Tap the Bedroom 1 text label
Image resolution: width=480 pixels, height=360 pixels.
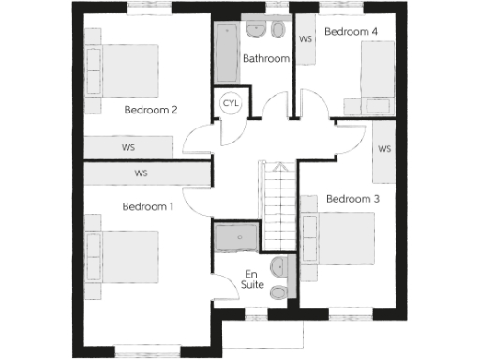148,206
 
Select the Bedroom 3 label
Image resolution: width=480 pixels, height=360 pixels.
352,199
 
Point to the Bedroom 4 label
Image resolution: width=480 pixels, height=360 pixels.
351,32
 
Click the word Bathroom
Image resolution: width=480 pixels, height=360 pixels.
266,59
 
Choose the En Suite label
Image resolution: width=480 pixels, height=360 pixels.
252,278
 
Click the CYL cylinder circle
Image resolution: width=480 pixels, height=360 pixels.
231,102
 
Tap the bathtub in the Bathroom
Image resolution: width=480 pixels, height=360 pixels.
227,54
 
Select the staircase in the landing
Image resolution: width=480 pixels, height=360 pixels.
277,206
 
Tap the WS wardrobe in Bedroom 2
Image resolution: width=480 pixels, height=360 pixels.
128,147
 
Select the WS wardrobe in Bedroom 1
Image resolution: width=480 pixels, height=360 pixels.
142,173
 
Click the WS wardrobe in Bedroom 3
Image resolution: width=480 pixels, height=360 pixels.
384,150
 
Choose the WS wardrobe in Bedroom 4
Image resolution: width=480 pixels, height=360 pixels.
305,39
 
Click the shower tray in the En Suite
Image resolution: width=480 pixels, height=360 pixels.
233,238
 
